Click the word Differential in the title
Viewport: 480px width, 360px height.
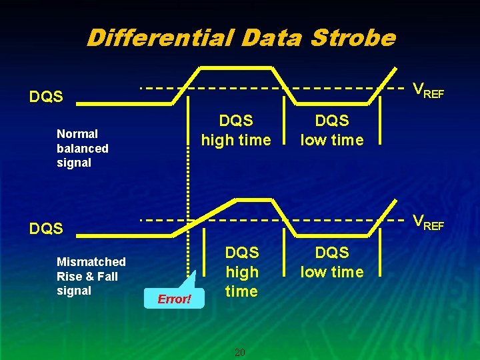(x=160, y=37)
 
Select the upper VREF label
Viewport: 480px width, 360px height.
(x=427, y=90)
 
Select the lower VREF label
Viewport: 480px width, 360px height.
(x=427, y=221)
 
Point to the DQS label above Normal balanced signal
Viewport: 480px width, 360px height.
(x=46, y=97)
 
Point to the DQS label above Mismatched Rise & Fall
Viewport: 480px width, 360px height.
(x=46, y=229)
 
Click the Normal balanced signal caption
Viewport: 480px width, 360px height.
(x=83, y=148)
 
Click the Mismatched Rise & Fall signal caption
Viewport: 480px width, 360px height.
(x=91, y=276)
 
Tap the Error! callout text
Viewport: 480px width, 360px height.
(x=174, y=299)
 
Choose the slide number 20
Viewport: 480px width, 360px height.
(x=240, y=352)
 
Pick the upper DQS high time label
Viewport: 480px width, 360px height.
(x=236, y=131)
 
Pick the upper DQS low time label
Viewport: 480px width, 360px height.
(x=331, y=131)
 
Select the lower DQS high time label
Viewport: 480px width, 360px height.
(x=241, y=272)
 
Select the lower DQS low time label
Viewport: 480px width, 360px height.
(x=331, y=263)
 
